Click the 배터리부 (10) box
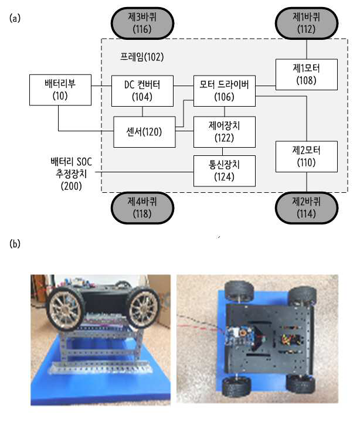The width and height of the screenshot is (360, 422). click(60, 90)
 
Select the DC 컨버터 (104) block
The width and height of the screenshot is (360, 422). click(142, 91)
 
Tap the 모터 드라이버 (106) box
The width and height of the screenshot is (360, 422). click(225, 91)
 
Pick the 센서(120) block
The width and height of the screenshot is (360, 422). click(144, 132)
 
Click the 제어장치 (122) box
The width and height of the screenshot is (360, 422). click(225, 132)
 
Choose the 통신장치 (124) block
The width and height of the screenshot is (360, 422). click(225, 171)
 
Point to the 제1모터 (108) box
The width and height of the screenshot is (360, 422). click(307, 74)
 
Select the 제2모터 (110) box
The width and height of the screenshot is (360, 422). click(307, 156)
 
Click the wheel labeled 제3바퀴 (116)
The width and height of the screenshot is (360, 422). click(142, 23)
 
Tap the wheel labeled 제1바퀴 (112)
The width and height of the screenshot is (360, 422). click(307, 23)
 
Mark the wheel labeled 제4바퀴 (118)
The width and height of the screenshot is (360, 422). click(142, 208)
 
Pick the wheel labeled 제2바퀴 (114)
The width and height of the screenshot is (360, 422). click(307, 208)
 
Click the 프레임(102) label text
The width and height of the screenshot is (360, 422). click(142, 57)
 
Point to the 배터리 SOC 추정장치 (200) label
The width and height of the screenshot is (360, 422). click(72, 174)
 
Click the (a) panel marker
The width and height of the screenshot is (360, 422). click(15, 18)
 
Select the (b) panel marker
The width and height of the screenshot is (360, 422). click(15, 244)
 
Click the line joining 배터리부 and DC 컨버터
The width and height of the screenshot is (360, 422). click(101, 86)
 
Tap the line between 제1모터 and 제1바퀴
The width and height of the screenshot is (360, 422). click(307, 49)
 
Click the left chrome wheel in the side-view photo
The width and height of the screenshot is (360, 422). click(64, 309)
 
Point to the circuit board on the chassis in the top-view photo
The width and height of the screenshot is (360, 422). click(238, 337)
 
